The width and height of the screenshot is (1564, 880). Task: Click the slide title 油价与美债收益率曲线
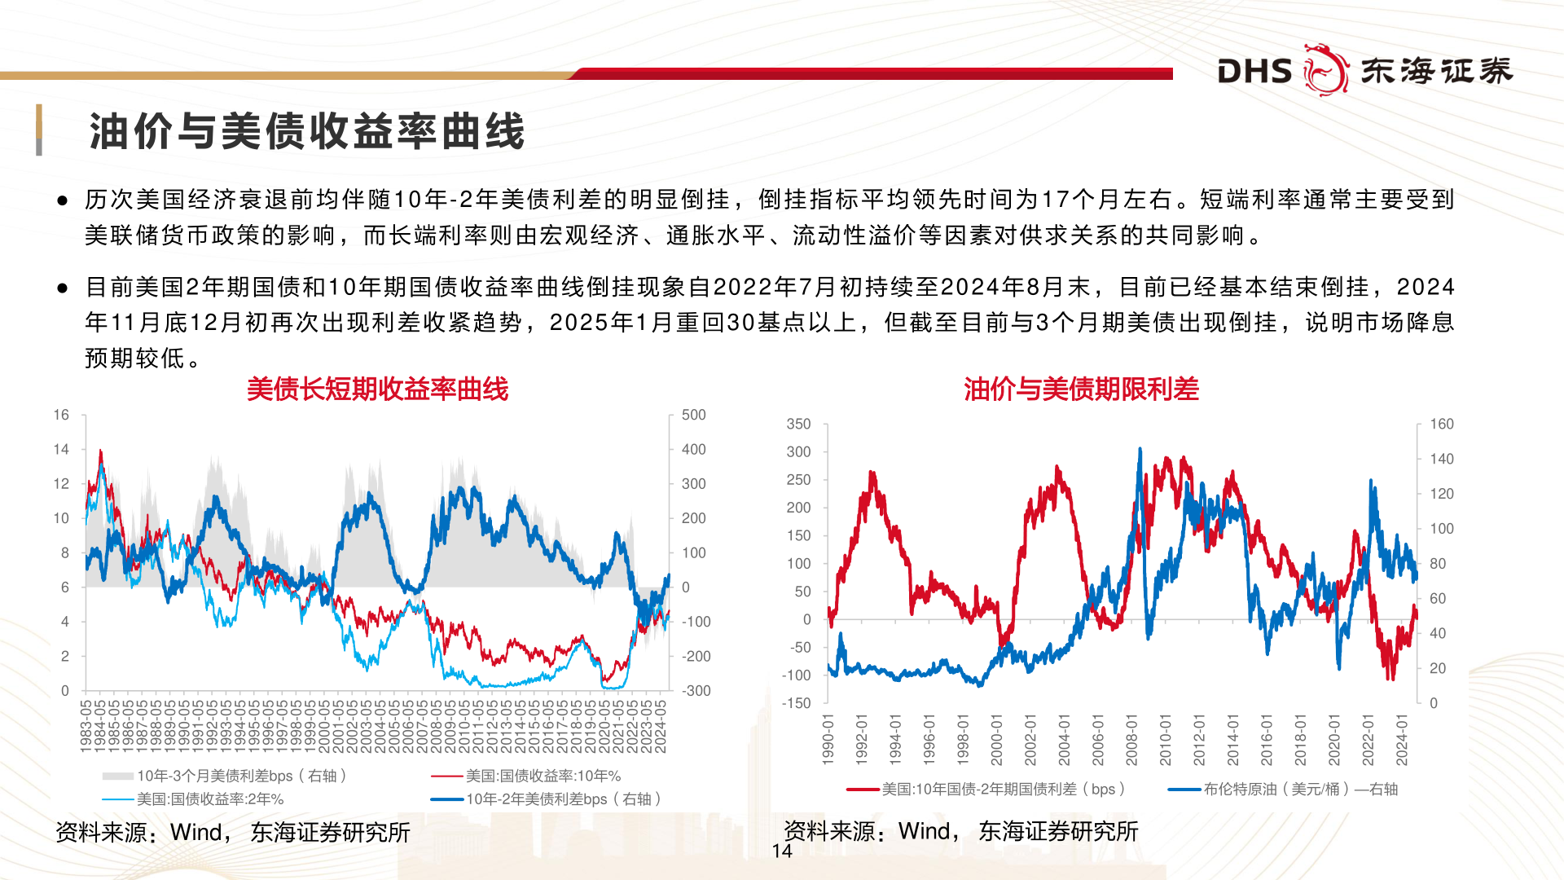(306, 131)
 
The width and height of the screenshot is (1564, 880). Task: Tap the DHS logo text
(1254, 72)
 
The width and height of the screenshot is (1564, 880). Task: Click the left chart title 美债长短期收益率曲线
(377, 389)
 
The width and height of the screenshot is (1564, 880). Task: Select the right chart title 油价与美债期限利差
(1081, 389)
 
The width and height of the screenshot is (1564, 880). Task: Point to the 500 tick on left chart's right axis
(693, 415)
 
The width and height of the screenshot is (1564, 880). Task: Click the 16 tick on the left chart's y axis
(61, 415)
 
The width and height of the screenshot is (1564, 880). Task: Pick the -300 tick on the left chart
(696, 691)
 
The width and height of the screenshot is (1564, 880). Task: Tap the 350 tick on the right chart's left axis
(798, 424)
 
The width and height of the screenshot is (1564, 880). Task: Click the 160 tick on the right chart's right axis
(1441, 424)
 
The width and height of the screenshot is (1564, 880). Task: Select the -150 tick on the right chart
(796, 703)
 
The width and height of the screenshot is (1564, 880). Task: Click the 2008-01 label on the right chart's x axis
(1131, 740)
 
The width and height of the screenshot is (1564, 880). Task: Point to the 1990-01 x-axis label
(828, 740)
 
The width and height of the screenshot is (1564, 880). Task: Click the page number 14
(782, 851)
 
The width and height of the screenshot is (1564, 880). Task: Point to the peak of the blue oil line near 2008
(1140, 449)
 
